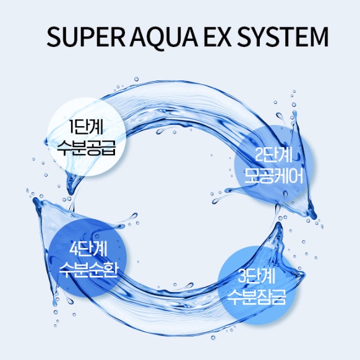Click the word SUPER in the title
(85, 36)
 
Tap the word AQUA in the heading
(163, 37)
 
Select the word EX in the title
(216, 37)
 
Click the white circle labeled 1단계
(87, 137)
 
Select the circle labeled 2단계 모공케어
(273, 165)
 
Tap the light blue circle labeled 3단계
(257, 285)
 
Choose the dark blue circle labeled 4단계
(88, 259)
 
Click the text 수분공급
(86, 147)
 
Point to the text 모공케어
(273, 176)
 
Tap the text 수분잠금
(257, 297)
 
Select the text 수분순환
(88, 270)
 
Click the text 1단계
(86, 127)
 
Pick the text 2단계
(273, 156)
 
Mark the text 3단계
(257, 276)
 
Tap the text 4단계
(88, 249)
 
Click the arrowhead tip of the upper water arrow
(315, 217)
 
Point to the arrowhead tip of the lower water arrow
(35, 199)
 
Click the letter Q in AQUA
(157, 38)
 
